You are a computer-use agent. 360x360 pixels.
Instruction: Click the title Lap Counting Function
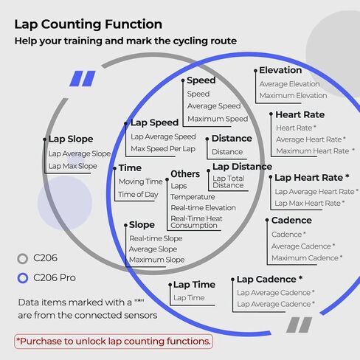(x=89, y=24)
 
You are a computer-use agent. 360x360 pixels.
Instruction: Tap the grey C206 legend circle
(x=23, y=258)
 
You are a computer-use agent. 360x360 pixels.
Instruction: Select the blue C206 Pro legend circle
(x=23, y=278)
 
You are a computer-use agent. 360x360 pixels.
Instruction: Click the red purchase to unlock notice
(x=114, y=342)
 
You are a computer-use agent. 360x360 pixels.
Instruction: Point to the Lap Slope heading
(x=71, y=139)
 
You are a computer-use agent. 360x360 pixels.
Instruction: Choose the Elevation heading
(x=280, y=70)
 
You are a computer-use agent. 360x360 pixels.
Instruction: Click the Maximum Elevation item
(x=293, y=95)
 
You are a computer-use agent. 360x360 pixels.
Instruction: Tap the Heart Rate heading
(x=300, y=114)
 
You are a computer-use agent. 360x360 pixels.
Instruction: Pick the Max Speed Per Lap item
(x=163, y=149)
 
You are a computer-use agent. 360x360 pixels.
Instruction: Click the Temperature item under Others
(x=193, y=197)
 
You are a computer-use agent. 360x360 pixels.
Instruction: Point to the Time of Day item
(x=138, y=195)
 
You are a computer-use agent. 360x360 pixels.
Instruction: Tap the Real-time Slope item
(x=156, y=238)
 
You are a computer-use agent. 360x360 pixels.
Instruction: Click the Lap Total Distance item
(x=229, y=181)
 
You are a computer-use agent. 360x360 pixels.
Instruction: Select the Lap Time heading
(x=194, y=285)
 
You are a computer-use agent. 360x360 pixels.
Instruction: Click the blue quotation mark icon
(x=83, y=79)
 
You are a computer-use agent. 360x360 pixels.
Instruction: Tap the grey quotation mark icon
(x=300, y=325)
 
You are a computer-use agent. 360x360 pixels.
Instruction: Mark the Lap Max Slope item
(x=72, y=166)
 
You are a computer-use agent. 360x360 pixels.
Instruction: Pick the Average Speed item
(x=214, y=106)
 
